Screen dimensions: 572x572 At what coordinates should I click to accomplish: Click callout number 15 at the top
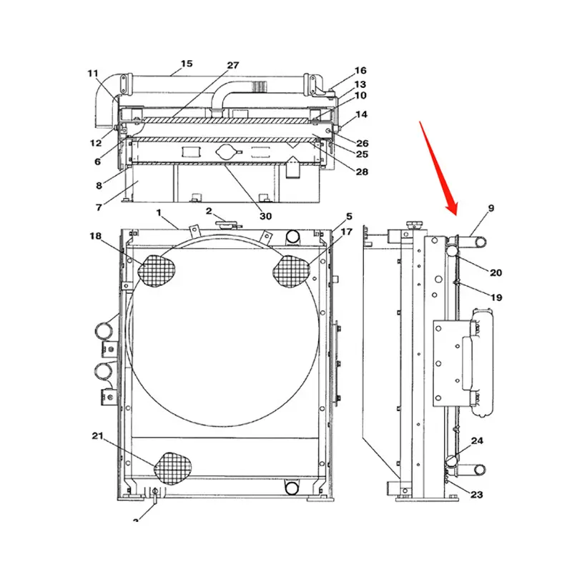pos(186,64)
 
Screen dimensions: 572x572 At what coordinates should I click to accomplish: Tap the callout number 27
pos(233,65)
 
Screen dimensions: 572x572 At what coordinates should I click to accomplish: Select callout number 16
pos(360,71)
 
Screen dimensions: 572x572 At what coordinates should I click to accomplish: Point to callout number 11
pos(94,73)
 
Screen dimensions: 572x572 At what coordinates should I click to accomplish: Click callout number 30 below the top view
pos(265,215)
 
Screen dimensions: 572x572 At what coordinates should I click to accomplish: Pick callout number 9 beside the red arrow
pos(491,208)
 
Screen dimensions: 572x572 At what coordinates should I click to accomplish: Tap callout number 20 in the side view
pos(496,272)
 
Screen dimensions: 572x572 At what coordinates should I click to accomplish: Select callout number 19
pos(496,297)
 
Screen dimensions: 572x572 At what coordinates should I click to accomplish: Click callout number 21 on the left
pos(98,435)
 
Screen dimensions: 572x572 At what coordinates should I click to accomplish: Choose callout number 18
pos(96,236)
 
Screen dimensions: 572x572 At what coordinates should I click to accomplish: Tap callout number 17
pos(346,232)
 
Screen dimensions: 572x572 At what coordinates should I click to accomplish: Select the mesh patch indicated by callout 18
pos(157,270)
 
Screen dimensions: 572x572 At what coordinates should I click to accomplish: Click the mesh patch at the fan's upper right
pos(292,271)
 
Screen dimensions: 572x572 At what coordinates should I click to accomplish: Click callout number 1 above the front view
pos(160,212)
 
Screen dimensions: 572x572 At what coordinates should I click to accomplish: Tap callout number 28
pos(363,172)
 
